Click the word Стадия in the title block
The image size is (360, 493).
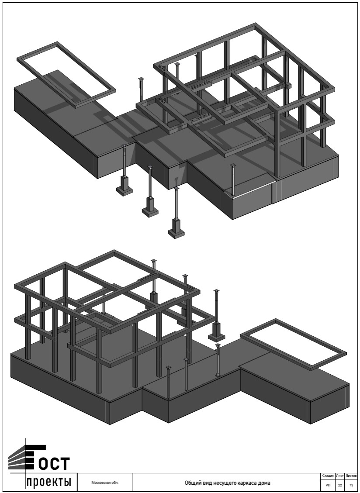click(x=328, y=476)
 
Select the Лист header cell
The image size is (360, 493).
click(x=340, y=476)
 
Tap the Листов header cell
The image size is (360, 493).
click(x=351, y=476)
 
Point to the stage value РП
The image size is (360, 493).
click(x=328, y=485)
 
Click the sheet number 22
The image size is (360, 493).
click(x=340, y=485)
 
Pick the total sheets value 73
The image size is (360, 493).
click(x=351, y=485)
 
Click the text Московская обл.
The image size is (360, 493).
click(x=105, y=483)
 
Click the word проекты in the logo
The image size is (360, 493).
click(x=48, y=482)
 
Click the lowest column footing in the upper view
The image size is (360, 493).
click(x=176, y=228)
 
